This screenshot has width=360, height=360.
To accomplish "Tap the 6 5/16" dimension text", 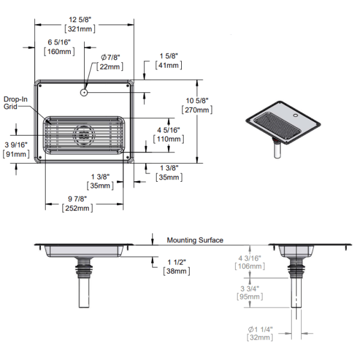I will click(x=59, y=42).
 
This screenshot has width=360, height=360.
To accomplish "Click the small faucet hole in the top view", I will click(x=84, y=93).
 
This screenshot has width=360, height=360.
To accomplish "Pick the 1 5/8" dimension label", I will click(x=169, y=56).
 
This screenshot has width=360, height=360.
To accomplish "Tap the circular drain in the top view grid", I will click(x=83, y=136).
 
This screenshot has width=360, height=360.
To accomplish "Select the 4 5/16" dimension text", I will click(x=169, y=130).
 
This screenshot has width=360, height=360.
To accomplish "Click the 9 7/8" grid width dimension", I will click(x=77, y=199).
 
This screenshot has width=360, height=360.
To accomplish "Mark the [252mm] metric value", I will click(x=77, y=208).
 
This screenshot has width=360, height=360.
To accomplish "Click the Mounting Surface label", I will click(x=195, y=240).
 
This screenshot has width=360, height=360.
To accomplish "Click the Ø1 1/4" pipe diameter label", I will click(x=260, y=329).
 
